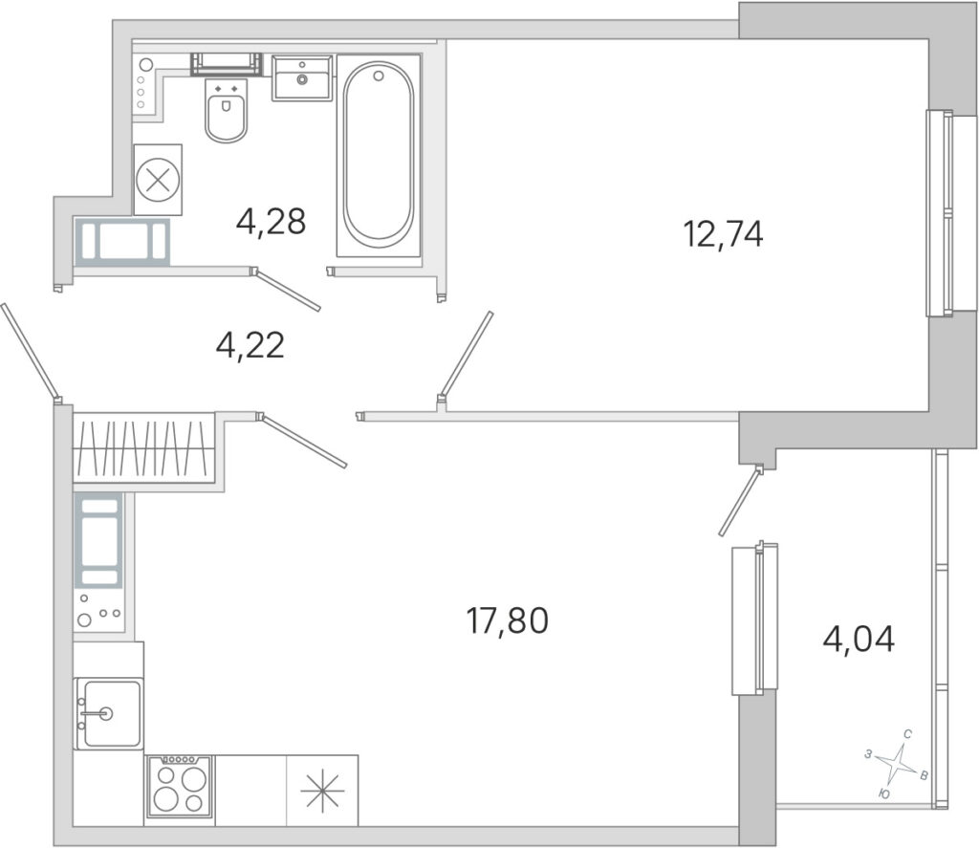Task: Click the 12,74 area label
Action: tap(724, 235)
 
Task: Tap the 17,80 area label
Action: tap(507, 620)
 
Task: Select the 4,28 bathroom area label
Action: tap(271, 221)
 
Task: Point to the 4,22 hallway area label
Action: tap(250, 345)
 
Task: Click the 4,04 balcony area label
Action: tap(859, 640)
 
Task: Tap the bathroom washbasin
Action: tap(301, 77)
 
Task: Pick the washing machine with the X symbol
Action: tap(158, 180)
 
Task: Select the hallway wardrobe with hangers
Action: tap(143, 447)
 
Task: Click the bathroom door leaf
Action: tap(287, 290)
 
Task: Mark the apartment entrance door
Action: tap(31, 353)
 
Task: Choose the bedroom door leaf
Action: tap(466, 354)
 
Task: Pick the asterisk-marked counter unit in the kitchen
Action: tap(322, 791)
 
